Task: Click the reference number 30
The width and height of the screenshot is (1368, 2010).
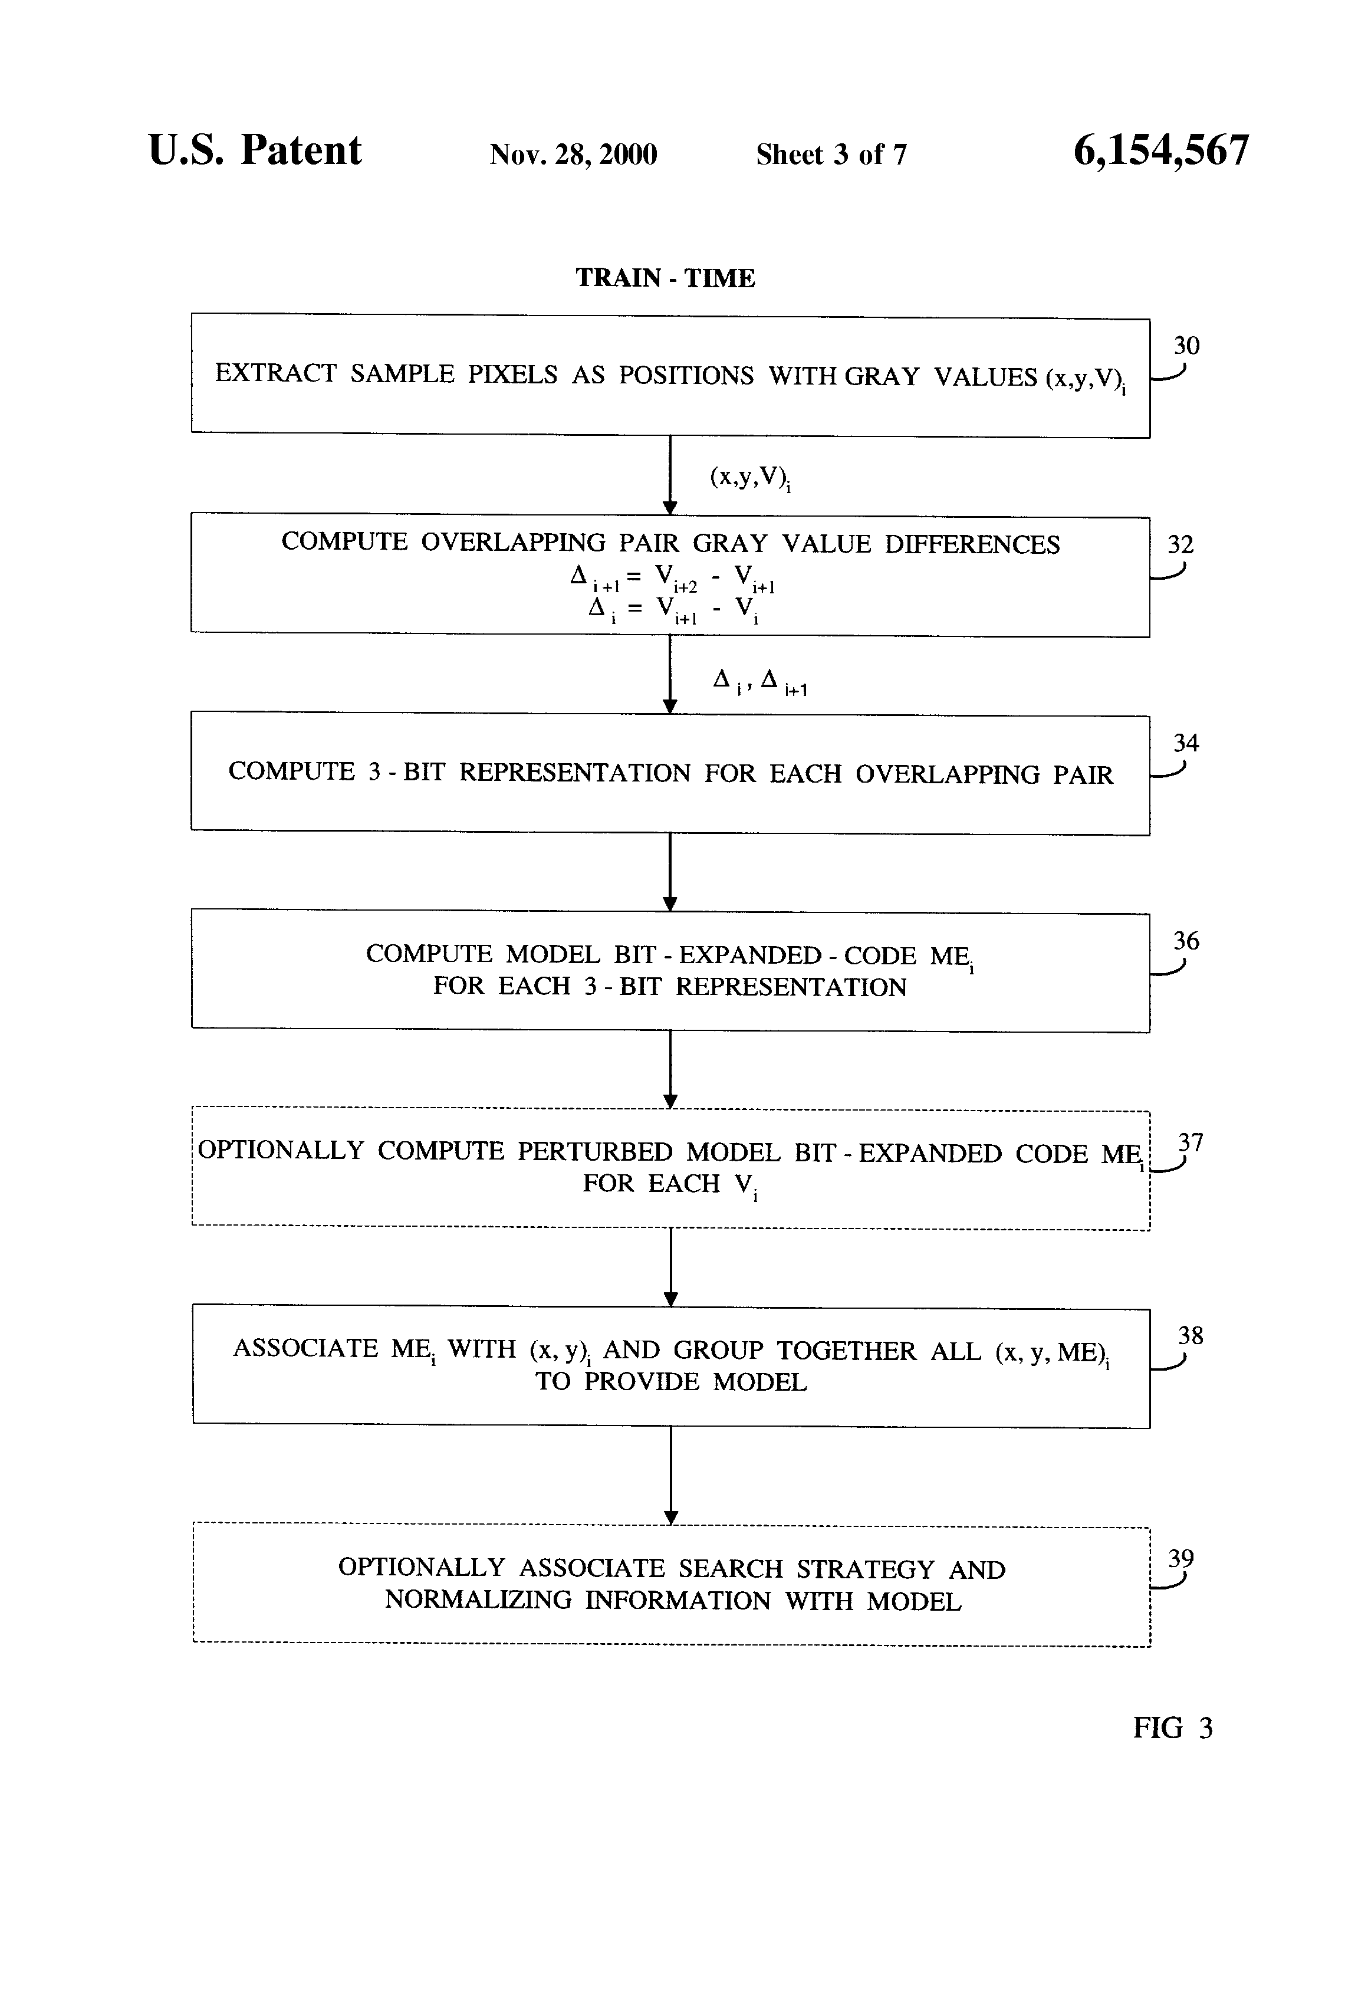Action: [1186, 346]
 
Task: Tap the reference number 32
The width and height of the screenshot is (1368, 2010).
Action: [1180, 545]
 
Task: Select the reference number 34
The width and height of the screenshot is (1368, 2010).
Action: [1186, 743]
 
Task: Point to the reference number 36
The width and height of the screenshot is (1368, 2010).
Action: [1186, 941]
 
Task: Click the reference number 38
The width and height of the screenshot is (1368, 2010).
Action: [1190, 1335]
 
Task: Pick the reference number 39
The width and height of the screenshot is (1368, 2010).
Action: [1180, 1559]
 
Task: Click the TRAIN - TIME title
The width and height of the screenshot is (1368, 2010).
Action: [665, 278]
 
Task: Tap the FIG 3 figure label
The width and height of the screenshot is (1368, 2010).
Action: [1173, 1728]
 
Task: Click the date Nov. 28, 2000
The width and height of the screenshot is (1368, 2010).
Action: [573, 155]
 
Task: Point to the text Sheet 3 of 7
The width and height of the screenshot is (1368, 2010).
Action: [831, 155]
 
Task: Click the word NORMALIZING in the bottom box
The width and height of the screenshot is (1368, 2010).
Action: [478, 1600]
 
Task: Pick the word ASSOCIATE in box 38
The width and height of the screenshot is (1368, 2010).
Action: [305, 1348]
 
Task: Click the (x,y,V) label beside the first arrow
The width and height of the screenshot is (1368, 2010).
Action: [749, 477]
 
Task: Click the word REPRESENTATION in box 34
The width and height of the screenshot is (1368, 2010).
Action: [574, 773]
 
